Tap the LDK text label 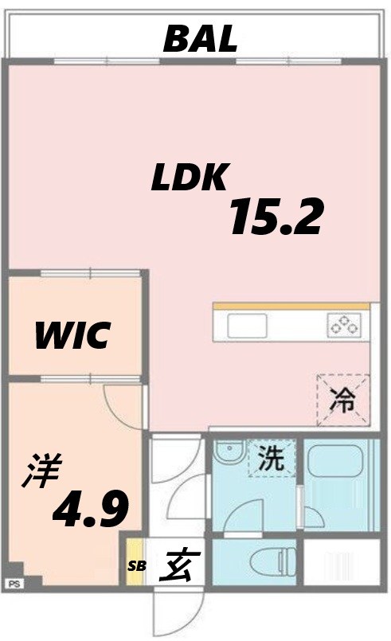pos(190,178)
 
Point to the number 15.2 pos(276,217)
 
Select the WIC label pos(72,337)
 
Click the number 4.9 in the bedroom pos(90,510)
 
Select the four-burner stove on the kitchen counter pos(344,325)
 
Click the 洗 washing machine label pos(271,458)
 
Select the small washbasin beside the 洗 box pos(227,455)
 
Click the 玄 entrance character pos(176,567)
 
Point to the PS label pos(13,584)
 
